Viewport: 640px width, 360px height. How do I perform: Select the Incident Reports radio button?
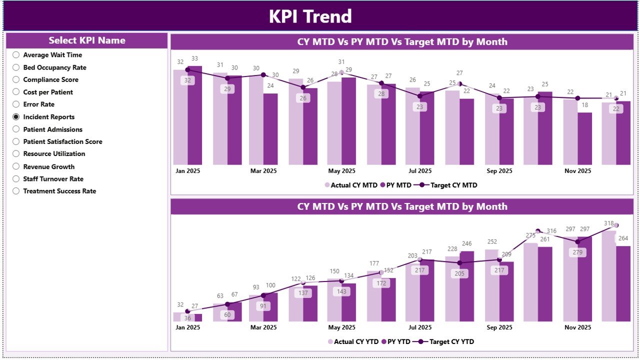[x=16, y=117]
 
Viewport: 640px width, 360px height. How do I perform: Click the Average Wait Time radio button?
[x=16, y=55]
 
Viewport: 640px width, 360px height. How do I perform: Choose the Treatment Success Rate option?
[x=16, y=191]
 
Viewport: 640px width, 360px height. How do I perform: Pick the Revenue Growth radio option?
[x=16, y=166]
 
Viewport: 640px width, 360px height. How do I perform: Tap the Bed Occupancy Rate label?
[x=54, y=67]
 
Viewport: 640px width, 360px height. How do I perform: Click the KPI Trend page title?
[x=310, y=16]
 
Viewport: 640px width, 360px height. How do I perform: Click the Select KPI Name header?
[x=87, y=40]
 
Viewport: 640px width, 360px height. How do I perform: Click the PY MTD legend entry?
[x=395, y=185]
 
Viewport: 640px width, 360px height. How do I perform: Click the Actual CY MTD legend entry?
[x=353, y=185]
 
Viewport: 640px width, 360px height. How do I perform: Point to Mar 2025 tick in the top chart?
[x=263, y=171]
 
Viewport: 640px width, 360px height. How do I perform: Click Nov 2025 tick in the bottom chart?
[x=577, y=327]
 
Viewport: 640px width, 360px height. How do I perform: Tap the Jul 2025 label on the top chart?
[x=420, y=171]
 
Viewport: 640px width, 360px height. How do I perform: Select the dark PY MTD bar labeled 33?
[x=195, y=115]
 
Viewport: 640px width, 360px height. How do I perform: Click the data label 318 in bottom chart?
[x=608, y=223]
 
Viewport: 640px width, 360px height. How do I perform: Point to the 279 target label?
[x=578, y=252]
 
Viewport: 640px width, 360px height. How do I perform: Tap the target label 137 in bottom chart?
[x=303, y=293]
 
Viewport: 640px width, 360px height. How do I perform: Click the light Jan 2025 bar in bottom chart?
[x=180, y=316]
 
